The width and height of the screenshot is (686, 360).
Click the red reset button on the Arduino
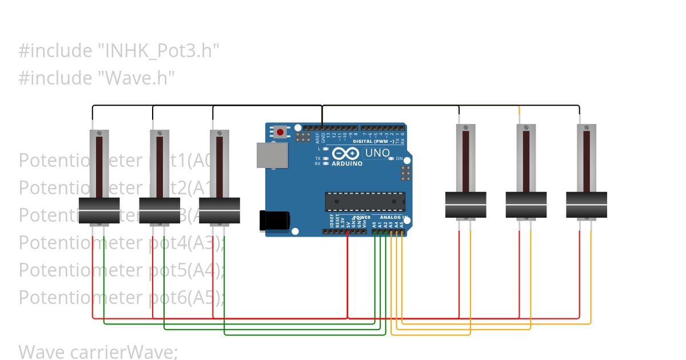280,133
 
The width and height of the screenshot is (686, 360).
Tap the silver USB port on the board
272,155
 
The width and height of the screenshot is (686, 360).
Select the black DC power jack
274,221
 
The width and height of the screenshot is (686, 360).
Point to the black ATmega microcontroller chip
365,202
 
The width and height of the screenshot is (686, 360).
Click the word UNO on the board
377,153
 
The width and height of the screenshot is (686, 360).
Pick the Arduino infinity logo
346,154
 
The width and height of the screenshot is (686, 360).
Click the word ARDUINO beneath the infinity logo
347,164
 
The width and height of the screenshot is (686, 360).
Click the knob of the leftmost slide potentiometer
99,211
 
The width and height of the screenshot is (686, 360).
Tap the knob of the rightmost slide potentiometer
587,205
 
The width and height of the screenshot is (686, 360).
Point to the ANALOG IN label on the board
393,218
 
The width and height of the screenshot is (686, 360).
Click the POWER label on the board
361,218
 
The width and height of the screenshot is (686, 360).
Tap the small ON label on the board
400,158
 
